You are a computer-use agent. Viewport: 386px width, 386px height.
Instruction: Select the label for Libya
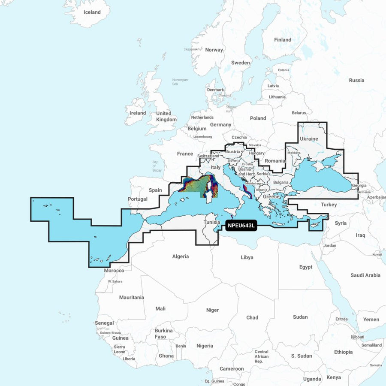247,257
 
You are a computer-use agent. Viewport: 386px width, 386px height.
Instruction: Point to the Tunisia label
212,223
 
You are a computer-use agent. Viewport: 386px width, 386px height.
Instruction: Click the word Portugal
138,199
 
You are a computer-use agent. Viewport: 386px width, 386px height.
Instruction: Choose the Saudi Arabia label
365,275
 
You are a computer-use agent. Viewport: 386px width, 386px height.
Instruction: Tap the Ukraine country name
309,139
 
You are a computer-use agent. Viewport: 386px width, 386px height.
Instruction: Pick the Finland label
283,40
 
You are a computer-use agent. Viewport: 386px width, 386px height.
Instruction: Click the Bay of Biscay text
157,166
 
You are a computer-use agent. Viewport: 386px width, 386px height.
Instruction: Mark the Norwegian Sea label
180,82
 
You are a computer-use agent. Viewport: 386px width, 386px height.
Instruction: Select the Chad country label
252,317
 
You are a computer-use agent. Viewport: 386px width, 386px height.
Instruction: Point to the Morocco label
114,271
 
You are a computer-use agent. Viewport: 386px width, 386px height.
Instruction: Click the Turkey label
329,205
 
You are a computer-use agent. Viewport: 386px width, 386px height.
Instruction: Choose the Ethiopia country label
344,352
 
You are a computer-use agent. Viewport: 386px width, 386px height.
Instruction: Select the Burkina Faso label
163,334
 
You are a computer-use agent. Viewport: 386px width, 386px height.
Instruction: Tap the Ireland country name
138,113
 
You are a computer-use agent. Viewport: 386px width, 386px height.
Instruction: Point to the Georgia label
359,186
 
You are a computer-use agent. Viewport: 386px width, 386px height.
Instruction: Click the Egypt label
306,267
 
